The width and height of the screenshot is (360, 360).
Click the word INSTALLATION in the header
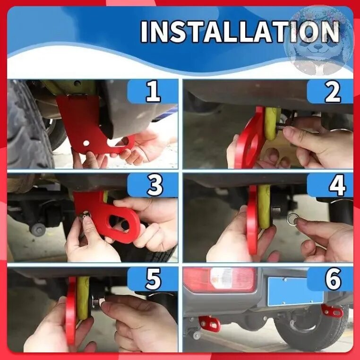[x=240, y=32]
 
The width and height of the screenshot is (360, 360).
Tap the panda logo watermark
[x=318, y=41]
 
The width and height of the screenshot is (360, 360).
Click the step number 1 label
[x=154, y=91]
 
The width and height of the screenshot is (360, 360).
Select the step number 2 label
[x=333, y=92]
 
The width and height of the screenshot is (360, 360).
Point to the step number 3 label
[x=155, y=185]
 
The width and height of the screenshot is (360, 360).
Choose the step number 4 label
[x=337, y=185]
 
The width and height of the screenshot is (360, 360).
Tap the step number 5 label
[x=154, y=279]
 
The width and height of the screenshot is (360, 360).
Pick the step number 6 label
[x=333, y=279]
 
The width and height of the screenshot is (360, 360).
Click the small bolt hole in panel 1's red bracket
[x=86, y=143]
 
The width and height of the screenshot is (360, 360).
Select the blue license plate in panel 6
[x=295, y=291]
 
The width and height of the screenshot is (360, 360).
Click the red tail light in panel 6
[x=219, y=280]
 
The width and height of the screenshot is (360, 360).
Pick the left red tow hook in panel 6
[x=209, y=324]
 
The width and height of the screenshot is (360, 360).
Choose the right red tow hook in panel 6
[x=332, y=311]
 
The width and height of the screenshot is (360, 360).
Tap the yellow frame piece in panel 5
[x=83, y=298]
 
